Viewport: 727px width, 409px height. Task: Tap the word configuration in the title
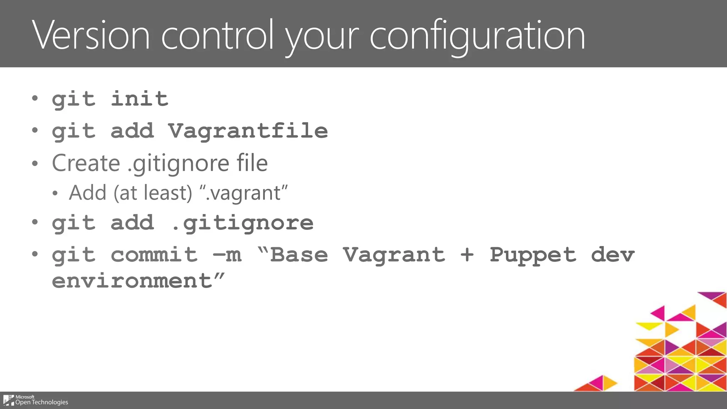pos(477,35)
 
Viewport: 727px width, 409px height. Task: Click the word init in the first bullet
pos(140,98)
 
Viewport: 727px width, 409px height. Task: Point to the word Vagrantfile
pos(248,131)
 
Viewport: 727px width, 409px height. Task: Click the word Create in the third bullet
pos(86,163)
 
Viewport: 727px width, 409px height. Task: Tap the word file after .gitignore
pos(252,163)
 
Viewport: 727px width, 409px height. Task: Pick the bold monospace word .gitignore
pos(242,223)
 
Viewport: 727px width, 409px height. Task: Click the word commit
pos(154,255)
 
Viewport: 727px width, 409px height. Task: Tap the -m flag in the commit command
pos(227,255)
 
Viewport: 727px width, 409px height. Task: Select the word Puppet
pos(533,255)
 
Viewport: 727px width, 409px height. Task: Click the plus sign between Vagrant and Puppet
pos(467,255)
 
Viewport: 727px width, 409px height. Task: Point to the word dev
pos(613,255)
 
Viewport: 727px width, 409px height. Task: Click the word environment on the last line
pos(132,281)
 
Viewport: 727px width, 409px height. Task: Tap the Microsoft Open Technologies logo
pos(35,400)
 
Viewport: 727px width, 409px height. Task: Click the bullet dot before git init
pos(34,98)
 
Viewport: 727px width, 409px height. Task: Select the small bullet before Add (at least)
pos(55,193)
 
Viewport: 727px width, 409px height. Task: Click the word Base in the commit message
pos(299,255)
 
